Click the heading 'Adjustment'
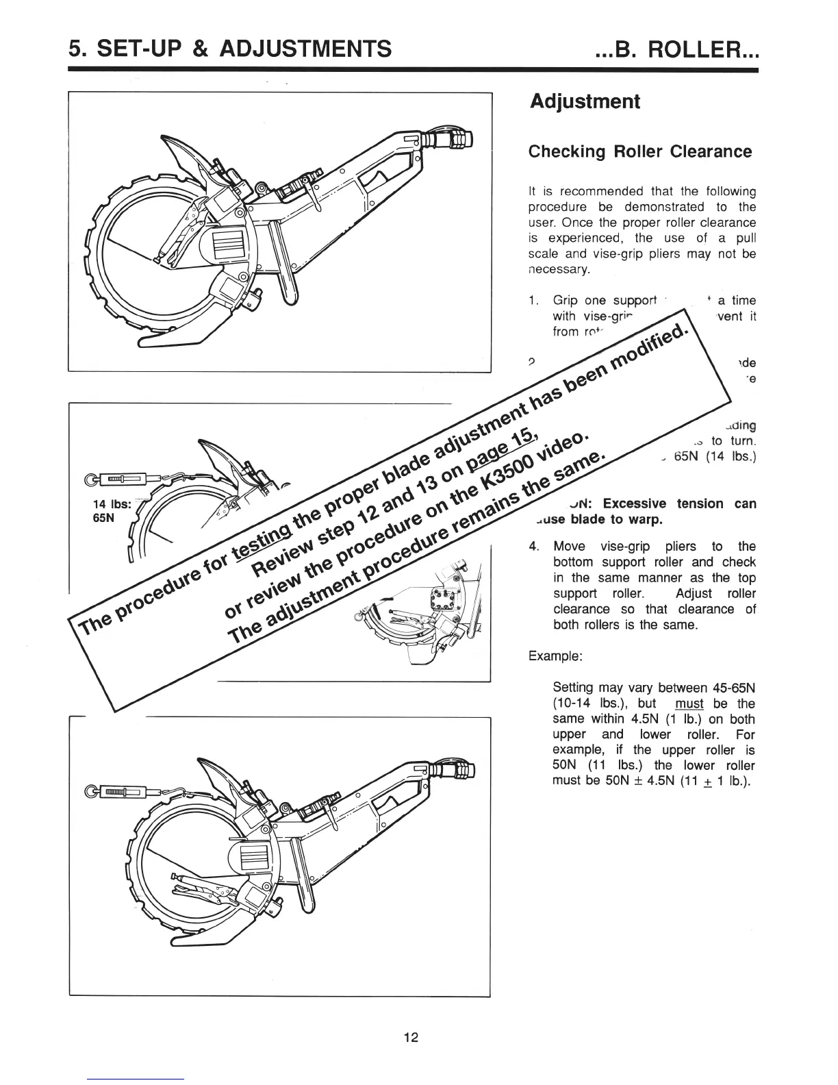pos(585,102)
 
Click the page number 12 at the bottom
pos(411,1037)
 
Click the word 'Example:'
pos(555,656)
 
